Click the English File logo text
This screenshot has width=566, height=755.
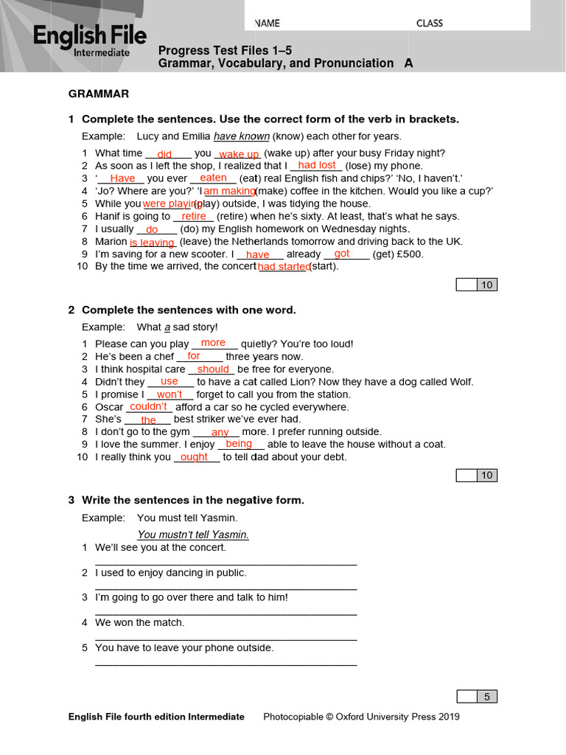88,36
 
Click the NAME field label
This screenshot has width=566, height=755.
268,23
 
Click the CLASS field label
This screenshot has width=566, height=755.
429,23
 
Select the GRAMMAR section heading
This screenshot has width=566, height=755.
99,94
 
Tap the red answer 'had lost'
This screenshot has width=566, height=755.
317,165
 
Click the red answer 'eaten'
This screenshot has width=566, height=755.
213,178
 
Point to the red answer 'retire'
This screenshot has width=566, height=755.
194,216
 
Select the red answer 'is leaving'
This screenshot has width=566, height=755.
152,242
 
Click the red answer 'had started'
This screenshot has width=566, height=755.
284,267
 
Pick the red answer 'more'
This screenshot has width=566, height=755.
213,343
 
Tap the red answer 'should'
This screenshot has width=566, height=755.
213,369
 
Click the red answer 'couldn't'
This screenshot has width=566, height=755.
148,406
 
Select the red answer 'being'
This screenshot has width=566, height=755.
239,444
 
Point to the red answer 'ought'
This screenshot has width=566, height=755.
194,457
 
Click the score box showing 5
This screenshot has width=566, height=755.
486,697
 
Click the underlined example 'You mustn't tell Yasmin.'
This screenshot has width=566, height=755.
193,535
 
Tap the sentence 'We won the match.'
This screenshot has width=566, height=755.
140,622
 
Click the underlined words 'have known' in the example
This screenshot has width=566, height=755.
241,136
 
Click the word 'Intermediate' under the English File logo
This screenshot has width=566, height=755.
102,52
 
